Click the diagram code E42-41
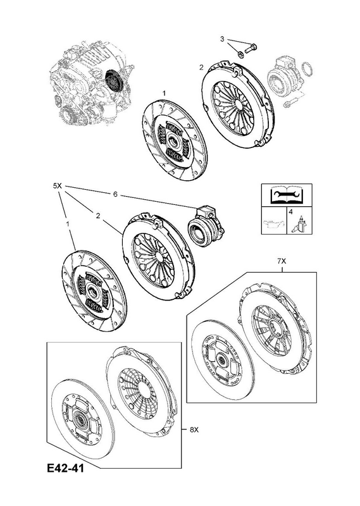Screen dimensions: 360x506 coord(65,467)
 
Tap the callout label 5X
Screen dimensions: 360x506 coord(57,186)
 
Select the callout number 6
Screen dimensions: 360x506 coord(115,195)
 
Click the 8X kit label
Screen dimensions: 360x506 coord(194,429)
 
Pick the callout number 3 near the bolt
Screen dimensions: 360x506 coord(222,39)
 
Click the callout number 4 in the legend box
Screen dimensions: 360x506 coord(290,212)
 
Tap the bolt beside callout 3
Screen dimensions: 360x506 coord(251,49)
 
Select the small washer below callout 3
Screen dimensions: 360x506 coord(241,54)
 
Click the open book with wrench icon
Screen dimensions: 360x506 coord(287,195)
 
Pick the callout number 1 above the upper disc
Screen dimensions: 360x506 coord(164,93)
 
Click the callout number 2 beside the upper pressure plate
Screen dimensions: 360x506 coord(201,67)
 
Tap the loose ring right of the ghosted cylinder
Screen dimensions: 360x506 coord(307,70)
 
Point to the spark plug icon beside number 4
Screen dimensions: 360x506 coord(301,223)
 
